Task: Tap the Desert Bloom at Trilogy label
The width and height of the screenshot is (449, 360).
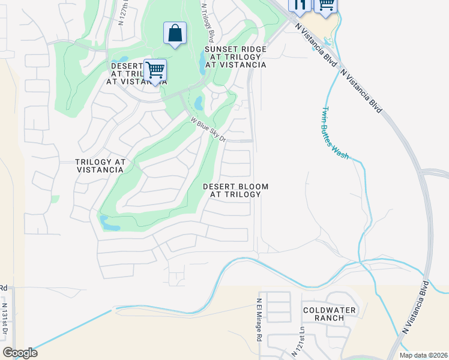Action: pyautogui.click(x=235, y=191)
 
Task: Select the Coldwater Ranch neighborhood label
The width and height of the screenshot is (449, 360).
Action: pyautogui.click(x=329, y=314)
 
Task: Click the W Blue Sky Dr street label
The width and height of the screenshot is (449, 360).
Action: pyautogui.click(x=208, y=130)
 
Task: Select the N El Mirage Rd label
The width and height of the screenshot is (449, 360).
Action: pyautogui.click(x=260, y=320)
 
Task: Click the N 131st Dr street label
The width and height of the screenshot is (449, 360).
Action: pyautogui.click(x=4, y=319)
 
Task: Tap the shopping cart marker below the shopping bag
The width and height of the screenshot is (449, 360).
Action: pyautogui.click(x=155, y=70)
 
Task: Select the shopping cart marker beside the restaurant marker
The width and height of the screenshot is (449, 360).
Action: pyautogui.click(x=326, y=4)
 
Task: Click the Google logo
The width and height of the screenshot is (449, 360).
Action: pyautogui.click(x=20, y=353)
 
